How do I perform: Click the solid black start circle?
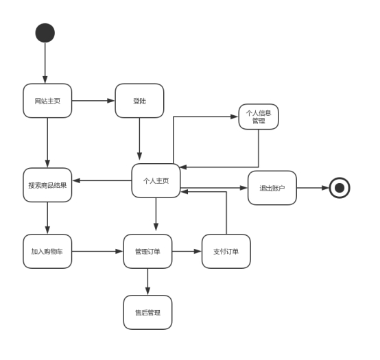click(x=45, y=33)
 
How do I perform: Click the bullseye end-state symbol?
click(x=340, y=188)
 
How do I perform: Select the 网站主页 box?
click(x=47, y=101)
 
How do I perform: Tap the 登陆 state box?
click(x=140, y=101)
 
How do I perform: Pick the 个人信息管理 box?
click(x=259, y=117)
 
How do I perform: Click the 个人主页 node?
click(x=156, y=181)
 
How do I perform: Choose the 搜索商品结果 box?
click(x=47, y=185)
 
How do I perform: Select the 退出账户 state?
click(x=272, y=188)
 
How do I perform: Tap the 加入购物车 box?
click(x=47, y=251)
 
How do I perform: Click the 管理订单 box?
click(x=148, y=251)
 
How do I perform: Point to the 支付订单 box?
click(x=226, y=251)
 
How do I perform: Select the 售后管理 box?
click(x=148, y=313)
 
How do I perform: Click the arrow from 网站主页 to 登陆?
click(x=93, y=101)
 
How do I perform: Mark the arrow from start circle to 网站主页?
click(x=45, y=63)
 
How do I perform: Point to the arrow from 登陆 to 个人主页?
click(x=140, y=139)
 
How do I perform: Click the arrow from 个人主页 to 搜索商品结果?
click(x=102, y=181)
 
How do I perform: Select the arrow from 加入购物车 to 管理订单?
click(x=97, y=251)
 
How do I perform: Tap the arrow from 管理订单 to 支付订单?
click(x=187, y=251)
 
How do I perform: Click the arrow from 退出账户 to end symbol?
click(x=313, y=188)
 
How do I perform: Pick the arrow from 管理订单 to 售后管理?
click(x=148, y=282)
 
